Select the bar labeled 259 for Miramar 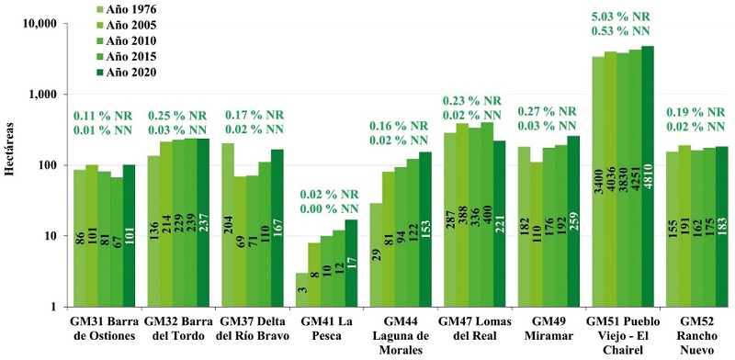[573, 221]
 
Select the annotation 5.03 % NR [617, 16]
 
